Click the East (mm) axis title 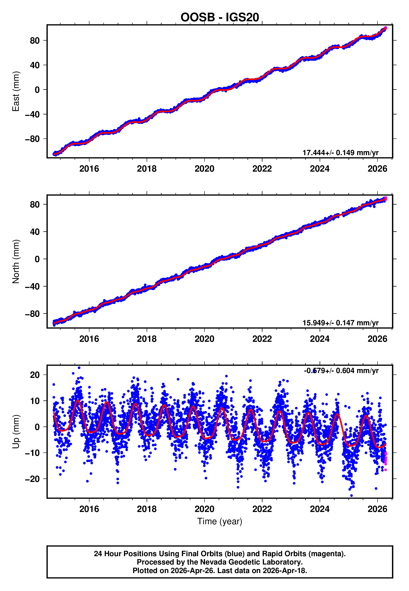click(x=16, y=91)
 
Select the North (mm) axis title click(x=16, y=262)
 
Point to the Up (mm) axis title click(x=16, y=432)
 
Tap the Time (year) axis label click(x=220, y=522)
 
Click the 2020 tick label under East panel click(x=204, y=169)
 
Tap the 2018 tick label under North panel click(x=147, y=339)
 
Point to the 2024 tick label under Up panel click(x=320, y=509)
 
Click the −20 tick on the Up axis click(x=32, y=479)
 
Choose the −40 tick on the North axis click(x=32, y=287)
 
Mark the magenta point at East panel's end click(x=386, y=28)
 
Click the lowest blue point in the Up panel click(x=351, y=496)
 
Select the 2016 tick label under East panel click(x=89, y=169)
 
